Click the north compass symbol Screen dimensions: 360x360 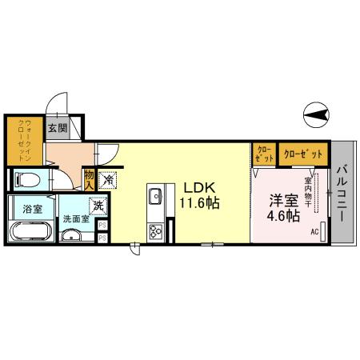(317, 116)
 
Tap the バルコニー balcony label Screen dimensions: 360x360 (342, 192)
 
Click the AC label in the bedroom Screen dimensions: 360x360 (314, 233)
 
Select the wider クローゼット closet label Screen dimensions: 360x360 (305, 153)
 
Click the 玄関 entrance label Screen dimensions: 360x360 (57, 128)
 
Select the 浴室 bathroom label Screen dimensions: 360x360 (32, 209)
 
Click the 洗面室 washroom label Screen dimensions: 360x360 (76, 219)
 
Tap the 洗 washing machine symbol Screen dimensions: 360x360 (98, 206)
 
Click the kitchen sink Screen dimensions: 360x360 (155, 196)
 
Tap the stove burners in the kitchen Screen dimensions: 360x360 (155, 232)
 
